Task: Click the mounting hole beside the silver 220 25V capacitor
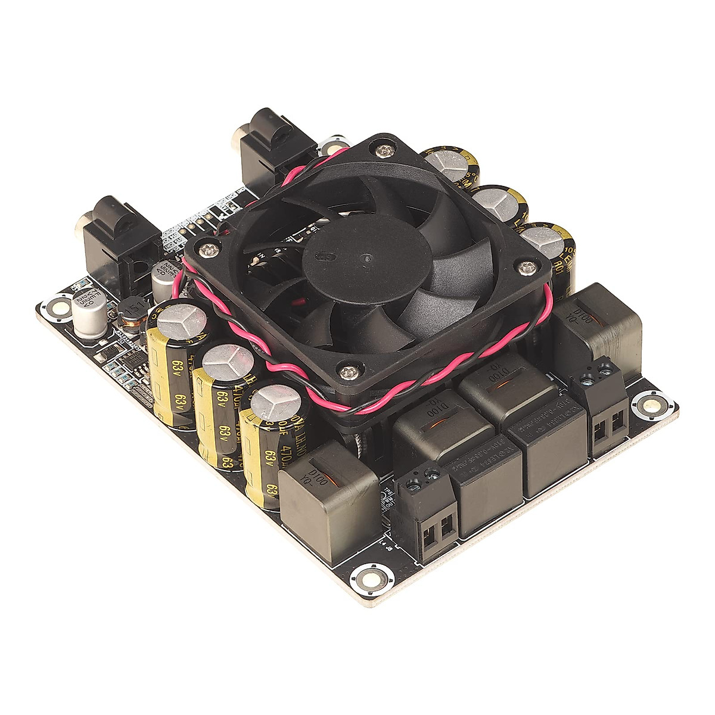coord(60,307)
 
